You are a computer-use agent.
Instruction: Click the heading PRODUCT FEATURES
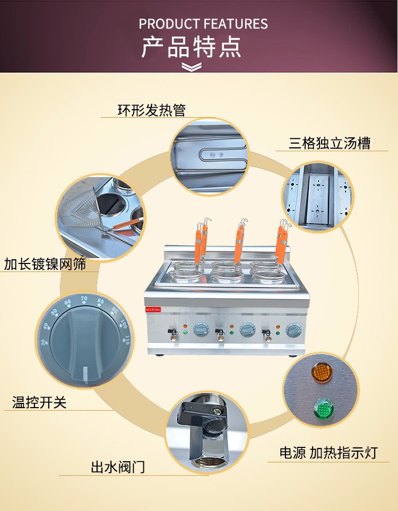pyautogui.click(x=203, y=24)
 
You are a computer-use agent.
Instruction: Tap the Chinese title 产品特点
pyautogui.click(x=192, y=47)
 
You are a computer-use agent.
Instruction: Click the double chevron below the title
pyautogui.click(x=192, y=66)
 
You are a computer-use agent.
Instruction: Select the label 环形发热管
pyautogui.click(x=152, y=110)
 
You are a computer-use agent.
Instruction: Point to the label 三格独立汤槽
pyautogui.click(x=330, y=143)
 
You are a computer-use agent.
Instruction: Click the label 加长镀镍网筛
pyautogui.click(x=45, y=263)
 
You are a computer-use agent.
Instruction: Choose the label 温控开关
pyautogui.click(x=39, y=402)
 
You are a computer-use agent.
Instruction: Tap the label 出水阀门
pyautogui.click(x=118, y=467)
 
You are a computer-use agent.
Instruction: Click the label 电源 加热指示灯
pyautogui.click(x=328, y=453)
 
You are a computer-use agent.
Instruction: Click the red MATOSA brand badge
pyautogui.click(x=153, y=309)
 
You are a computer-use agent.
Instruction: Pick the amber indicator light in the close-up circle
pyautogui.click(x=322, y=373)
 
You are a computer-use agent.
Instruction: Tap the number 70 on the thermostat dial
pyautogui.click(x=84, y=299)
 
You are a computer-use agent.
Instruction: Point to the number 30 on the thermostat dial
pyautogui.click(x=43, y=342)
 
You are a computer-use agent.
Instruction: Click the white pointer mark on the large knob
pyautogui.click(x=85, y=373)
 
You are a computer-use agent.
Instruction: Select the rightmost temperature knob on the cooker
pyautogui.click(x=294, y=330)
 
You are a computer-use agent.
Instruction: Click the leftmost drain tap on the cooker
pyautogui.click(x=173, y=334)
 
